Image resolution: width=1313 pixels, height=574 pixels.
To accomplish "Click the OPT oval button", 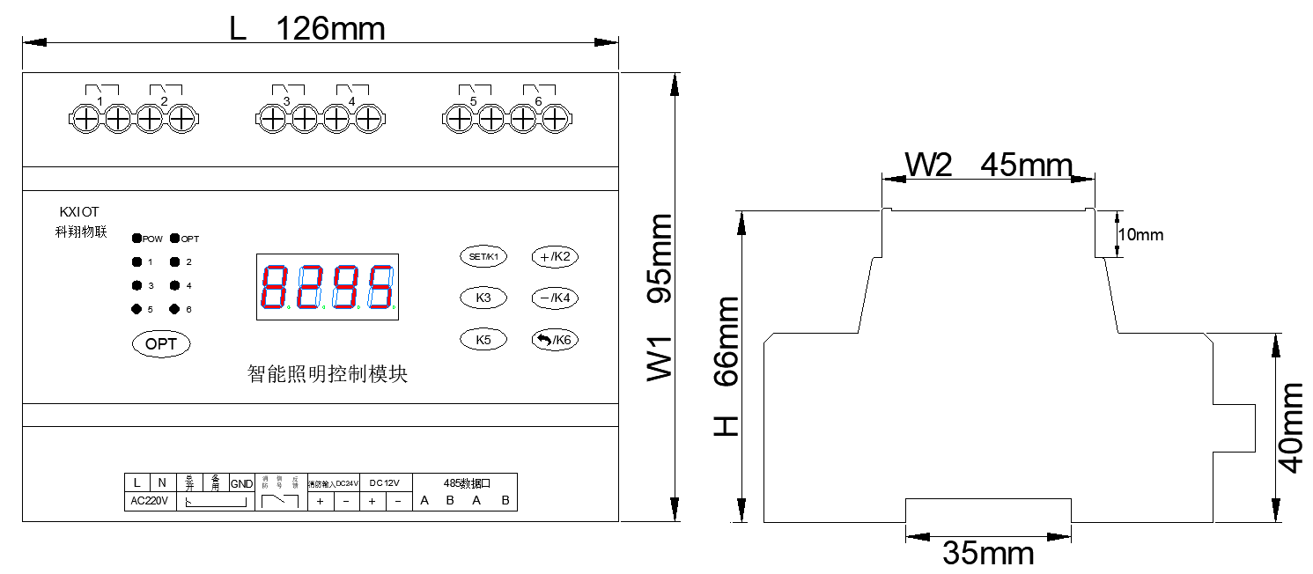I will [161, 344].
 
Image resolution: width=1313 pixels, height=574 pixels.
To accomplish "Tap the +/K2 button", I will [555, 257].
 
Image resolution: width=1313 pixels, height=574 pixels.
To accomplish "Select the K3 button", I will [483, 298].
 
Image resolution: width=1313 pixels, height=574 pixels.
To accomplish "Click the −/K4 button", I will [555, 298].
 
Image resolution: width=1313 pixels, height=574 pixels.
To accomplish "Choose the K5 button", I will [483, 340].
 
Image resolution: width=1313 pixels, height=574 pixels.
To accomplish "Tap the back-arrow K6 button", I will [555, 340].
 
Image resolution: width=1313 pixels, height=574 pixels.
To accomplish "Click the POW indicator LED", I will [137, 239].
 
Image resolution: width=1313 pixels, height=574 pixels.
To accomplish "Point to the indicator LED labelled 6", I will [175, 309].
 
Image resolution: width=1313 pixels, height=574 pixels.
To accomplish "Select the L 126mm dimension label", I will [307, 29].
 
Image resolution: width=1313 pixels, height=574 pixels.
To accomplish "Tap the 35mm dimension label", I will [988, 553].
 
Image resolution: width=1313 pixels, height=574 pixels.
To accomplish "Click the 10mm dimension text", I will [1140, 235].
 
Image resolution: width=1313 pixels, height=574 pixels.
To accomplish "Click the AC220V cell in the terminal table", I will [150, 501].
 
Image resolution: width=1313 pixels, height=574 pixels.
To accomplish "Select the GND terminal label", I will [241, 483].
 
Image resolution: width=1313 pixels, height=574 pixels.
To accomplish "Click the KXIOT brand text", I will [80, 212].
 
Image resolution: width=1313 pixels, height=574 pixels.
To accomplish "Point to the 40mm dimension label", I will [1291, 428].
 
